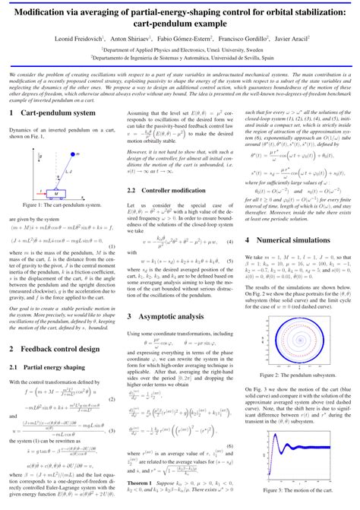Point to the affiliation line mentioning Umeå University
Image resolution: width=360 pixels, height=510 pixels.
pyautogui.click(x=179, y=47)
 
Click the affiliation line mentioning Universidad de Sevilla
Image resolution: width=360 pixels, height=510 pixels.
pyautogui.click(x=179, y=56)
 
